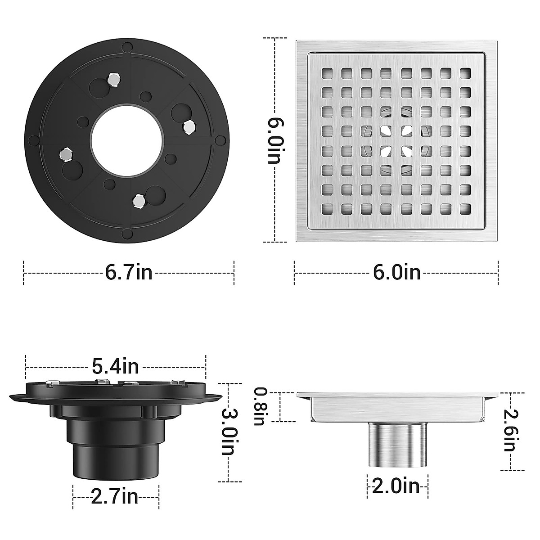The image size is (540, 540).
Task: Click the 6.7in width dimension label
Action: click(129, 273)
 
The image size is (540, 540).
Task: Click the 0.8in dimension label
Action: click(260, 406)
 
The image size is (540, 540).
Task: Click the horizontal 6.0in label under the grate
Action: click(396, 273)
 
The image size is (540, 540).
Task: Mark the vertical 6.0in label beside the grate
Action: click(275, 141)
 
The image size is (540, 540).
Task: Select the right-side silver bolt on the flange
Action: click(189, 128)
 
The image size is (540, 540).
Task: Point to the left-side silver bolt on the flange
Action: click(66, 154)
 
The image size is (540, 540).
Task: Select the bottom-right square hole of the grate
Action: click(465, 208)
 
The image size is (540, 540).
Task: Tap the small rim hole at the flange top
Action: click(127, 47)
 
